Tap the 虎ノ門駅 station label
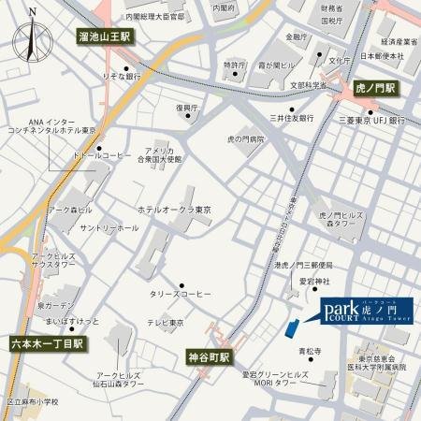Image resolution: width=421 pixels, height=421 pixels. tap(376, 88)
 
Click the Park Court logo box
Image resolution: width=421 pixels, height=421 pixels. tap(367, 310)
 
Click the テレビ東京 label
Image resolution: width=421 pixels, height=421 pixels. tap(164, 322)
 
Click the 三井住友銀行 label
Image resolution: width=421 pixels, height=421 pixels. tap(290, 118)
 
